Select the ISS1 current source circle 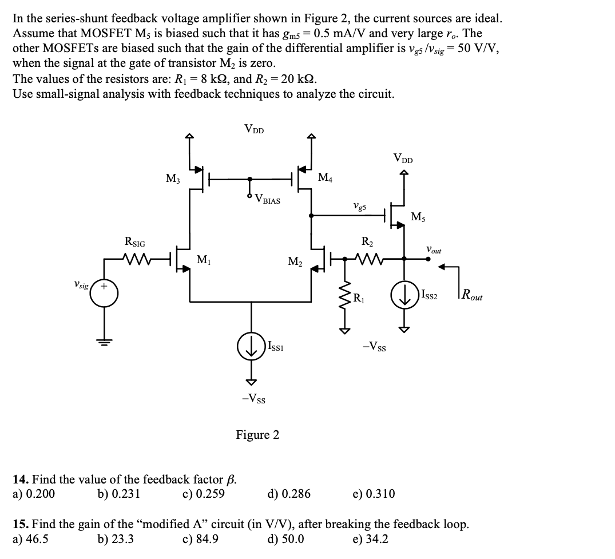pyautogui.click(x=251, y=347)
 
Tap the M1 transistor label pyautogui.click(x=203, y=260)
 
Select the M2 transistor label pyautogui.click(x=295, y=262)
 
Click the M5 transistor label pyautogui.click(x=418, y=216)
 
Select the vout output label pyautogui.click(x=433, y=249)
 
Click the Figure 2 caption pyautogui.click(x=257, y=435)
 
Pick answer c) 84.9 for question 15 pyautogui.click(x=200, y=538)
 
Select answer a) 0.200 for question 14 pyautogui.click(x=34, y=493)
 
